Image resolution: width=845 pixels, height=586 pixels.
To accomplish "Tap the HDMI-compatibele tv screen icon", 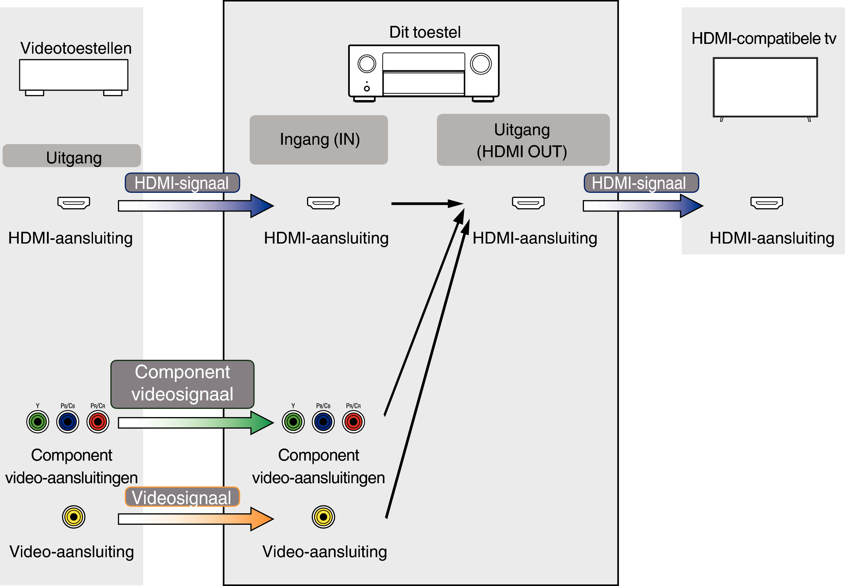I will point(765,87).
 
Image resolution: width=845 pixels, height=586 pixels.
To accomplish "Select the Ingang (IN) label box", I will point(318,139).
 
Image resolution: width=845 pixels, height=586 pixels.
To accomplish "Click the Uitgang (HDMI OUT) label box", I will point(523,140).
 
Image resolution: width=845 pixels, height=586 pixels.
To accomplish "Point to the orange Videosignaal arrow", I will point(196,519).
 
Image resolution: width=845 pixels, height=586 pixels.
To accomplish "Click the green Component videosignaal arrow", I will point(196,423).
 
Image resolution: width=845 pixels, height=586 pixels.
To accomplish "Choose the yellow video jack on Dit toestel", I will point(323,517).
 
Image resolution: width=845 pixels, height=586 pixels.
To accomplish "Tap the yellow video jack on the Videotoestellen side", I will point(73,517).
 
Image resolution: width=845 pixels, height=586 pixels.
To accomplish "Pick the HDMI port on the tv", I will point(766,203).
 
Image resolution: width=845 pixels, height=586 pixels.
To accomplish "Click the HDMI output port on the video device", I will point(73,203).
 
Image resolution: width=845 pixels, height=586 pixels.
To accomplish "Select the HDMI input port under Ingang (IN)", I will point(323,203).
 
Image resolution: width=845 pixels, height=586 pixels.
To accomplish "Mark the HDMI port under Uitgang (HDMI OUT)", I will point(528,203).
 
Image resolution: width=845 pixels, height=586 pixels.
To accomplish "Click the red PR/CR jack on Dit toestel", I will point(353,422).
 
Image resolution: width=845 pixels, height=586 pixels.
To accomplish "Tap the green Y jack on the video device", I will point(37,422).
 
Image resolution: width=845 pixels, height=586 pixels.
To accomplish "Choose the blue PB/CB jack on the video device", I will point(67,422).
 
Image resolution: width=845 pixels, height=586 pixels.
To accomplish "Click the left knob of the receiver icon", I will point(366,64).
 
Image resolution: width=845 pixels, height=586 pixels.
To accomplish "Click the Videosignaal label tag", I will point(182,497).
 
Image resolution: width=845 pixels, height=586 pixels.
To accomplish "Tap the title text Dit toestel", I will point(424,32).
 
